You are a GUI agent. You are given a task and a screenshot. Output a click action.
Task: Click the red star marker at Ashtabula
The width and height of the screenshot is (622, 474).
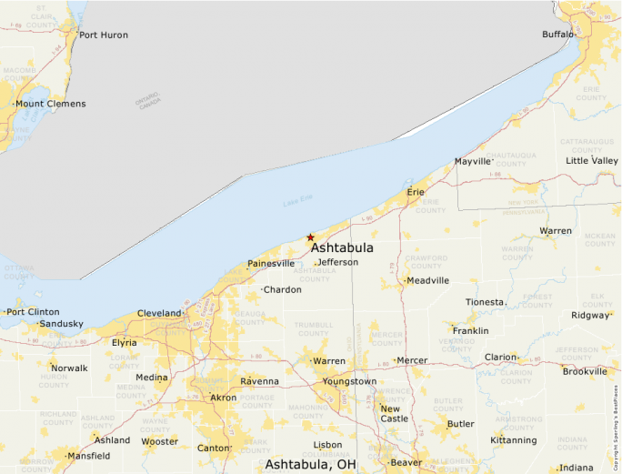click(310, 237)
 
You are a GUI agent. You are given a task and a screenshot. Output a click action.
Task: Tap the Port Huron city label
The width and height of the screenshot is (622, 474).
click(103, 35)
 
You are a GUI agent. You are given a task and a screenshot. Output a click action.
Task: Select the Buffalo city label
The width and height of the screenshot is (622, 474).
click(557, 34)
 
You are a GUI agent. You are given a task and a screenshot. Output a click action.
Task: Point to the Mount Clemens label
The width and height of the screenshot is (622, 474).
click(51, 104)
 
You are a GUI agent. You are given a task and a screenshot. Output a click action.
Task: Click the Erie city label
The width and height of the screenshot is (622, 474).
click(416, 192)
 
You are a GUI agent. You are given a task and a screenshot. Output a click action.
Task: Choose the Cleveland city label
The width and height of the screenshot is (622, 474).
click(159, 313)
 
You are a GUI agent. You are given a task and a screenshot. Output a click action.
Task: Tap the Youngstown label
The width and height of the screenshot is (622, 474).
click(349, 381)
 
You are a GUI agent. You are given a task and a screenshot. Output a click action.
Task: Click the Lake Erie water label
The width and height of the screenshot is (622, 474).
click(297, 203)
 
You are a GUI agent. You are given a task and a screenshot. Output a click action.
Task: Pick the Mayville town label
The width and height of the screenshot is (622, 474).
click(472, 162)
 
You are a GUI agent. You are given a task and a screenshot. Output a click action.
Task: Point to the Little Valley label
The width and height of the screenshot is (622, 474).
click(591, 160)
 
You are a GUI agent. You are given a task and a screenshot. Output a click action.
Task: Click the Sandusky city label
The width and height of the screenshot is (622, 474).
click(62, 324)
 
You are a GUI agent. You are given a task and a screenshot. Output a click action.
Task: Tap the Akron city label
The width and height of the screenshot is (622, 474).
click(223, 398)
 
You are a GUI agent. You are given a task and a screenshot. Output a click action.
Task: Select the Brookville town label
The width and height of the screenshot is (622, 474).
click(585, 371)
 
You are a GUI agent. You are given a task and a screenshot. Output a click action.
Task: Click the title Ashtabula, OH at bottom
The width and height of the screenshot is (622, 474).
click(310, 465)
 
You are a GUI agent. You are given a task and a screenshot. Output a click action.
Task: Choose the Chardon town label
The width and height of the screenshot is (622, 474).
click(282, 289)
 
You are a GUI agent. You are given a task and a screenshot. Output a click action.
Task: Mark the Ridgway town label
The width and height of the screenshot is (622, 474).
click(590, 316)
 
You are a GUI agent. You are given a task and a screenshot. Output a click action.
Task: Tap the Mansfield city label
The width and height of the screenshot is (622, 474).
click(88, 455)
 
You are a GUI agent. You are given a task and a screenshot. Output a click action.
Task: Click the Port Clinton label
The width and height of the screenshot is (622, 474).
click(33, 311)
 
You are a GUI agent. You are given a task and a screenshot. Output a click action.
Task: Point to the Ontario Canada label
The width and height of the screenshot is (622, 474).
click(148, 100)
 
